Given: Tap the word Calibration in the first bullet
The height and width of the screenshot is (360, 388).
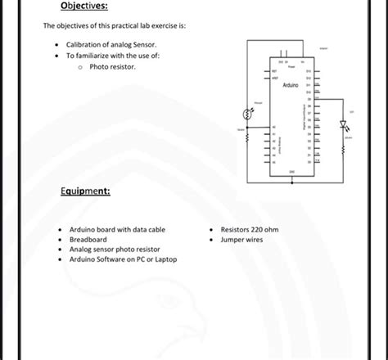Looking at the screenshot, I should point(92,43).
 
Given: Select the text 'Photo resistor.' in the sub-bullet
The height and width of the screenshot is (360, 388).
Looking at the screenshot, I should point(112,65).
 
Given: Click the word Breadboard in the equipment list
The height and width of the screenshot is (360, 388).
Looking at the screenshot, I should point(88,240).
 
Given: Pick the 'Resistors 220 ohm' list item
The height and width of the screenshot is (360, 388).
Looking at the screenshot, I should point(250,230).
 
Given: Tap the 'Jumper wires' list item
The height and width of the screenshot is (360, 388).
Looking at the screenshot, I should point(241,240).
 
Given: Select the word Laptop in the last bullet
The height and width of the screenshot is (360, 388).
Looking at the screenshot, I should point(164,259).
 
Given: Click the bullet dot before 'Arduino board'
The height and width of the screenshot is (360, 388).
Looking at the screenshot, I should point(60,230).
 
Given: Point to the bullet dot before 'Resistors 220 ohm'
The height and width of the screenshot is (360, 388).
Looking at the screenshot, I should point(211,230).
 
